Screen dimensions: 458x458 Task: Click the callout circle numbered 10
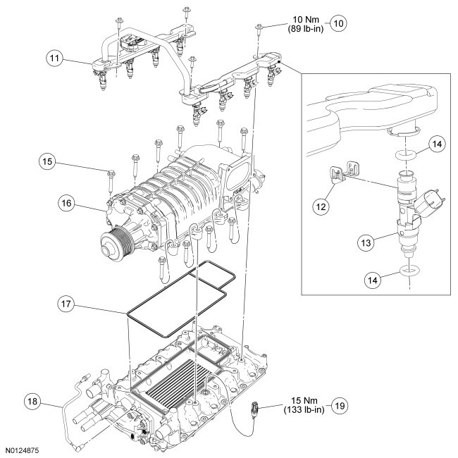coord(338,23)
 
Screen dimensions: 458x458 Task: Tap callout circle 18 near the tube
coord(32,402)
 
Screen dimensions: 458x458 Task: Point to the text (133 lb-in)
coord(304,410)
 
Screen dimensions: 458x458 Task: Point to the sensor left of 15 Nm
coord(254,407)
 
